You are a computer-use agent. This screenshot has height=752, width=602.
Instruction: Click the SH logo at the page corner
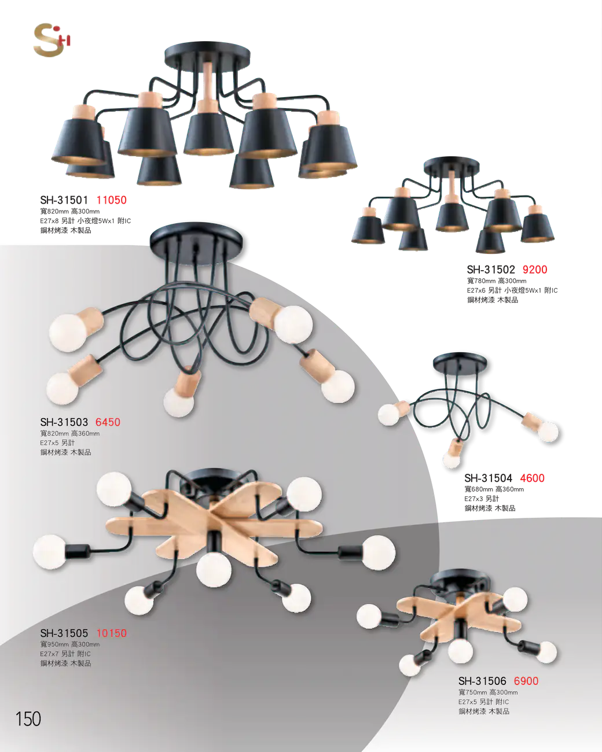pyautogui.click(x=52, y=39)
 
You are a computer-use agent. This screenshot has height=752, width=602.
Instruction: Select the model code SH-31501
pyautogui.click(x=64, y=200)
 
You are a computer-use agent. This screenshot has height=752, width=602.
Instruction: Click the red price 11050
pyautogui.click(x=111, y=200)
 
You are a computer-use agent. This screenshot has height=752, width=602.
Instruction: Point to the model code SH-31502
pyautogui.click(x=491, y=270)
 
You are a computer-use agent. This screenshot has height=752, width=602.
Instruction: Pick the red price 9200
pyautogui.click(x=535, y=270)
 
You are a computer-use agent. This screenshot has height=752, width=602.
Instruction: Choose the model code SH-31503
pyautogui.click(x=64, y=422)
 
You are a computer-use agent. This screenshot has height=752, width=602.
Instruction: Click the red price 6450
pyautogui.click(x=108, y=422)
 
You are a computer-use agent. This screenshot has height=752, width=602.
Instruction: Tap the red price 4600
pyautogui.click(x=532, y=478)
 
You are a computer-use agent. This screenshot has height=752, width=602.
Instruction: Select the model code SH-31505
pyautogui.click(x=64, y=633)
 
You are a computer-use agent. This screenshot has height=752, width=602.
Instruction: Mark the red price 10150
pyautogui.click(x=111, y=633)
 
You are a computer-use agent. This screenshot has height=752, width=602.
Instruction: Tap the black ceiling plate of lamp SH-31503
pyautogui.click(x=197, y=241)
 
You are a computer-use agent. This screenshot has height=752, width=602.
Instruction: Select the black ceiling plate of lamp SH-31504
pyautogui.click(x=460, y=362)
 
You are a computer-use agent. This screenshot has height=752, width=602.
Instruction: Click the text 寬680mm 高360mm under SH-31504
pyautogui.click(x=494, y=489)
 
